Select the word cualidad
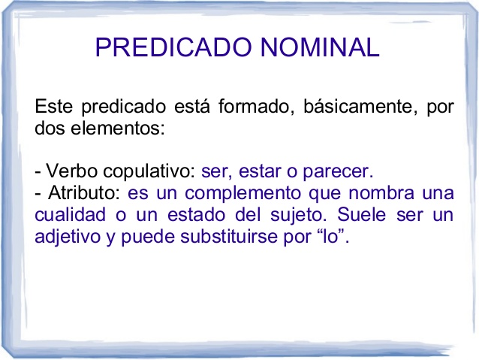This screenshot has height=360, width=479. [66, 214]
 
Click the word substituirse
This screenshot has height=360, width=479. [228, 236]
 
